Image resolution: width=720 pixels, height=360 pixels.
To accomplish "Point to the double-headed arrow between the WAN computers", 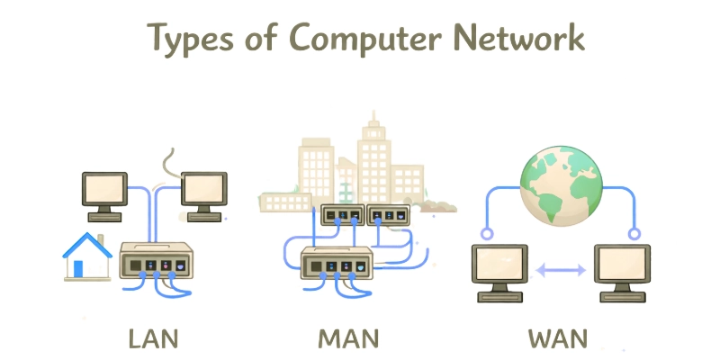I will [560, 270].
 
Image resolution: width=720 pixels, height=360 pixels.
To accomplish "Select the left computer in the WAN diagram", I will [499, 270].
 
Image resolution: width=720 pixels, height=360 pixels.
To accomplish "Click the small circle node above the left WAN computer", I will [487, 234].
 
